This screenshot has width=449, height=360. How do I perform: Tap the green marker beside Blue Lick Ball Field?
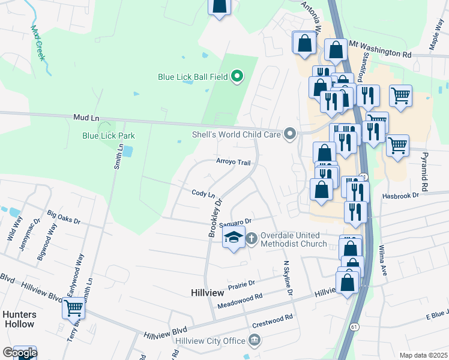[x=237, y=76]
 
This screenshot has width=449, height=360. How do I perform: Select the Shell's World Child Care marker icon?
[x=291, y=134]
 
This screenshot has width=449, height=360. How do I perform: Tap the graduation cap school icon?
[x=234, y=238]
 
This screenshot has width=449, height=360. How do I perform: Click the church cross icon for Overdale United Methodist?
[x=252, y=238]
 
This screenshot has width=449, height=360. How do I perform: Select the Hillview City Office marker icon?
[x=255, y=341]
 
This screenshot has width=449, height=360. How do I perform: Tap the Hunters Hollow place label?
[x=19, y=319]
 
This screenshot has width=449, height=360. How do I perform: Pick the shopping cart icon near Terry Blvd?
[x=74, y=308]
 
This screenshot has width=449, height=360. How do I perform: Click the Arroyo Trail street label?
[x=233, y=162]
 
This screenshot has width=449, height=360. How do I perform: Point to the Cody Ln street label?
[x=203, y=193]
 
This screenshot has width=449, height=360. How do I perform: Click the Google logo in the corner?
[x=19, y=353]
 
